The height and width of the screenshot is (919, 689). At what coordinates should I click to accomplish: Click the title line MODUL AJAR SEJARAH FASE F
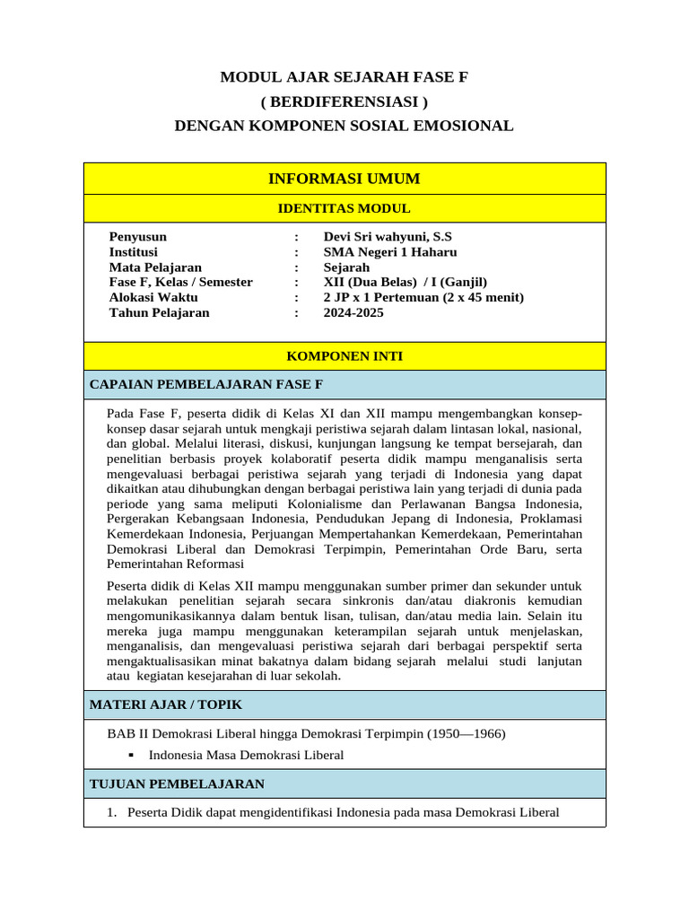coord(344,78)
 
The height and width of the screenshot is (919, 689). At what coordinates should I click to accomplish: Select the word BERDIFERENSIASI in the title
coord(344,102)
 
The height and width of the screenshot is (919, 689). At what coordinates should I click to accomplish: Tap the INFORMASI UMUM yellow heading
coord(344,179)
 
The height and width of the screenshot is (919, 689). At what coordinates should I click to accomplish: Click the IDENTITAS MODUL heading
coord(344,209)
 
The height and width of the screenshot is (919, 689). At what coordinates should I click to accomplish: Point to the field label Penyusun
coord(138,237)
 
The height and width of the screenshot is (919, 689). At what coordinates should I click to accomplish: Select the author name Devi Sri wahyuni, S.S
coord(388,237)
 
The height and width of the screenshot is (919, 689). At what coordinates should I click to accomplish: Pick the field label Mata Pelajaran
coord(155,267)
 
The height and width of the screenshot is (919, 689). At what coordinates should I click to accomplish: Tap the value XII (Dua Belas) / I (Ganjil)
coord(406,283)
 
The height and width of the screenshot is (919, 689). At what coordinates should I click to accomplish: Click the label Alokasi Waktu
coord(153,298)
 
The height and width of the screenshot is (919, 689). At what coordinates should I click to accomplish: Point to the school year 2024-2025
coord(353,313)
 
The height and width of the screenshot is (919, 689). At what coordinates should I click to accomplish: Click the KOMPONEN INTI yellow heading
coord(344,356)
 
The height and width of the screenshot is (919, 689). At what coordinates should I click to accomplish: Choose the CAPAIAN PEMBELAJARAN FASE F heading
coord(206,385)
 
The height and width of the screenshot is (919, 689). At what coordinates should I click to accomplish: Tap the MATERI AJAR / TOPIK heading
coord(166,705)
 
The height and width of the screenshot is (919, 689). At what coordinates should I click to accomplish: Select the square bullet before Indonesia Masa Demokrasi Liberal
coord(131,756)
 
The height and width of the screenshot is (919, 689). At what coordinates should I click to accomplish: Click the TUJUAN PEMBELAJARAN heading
coord(178,784)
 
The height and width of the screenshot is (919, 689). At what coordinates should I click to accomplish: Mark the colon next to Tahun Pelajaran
coord(296,313)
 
